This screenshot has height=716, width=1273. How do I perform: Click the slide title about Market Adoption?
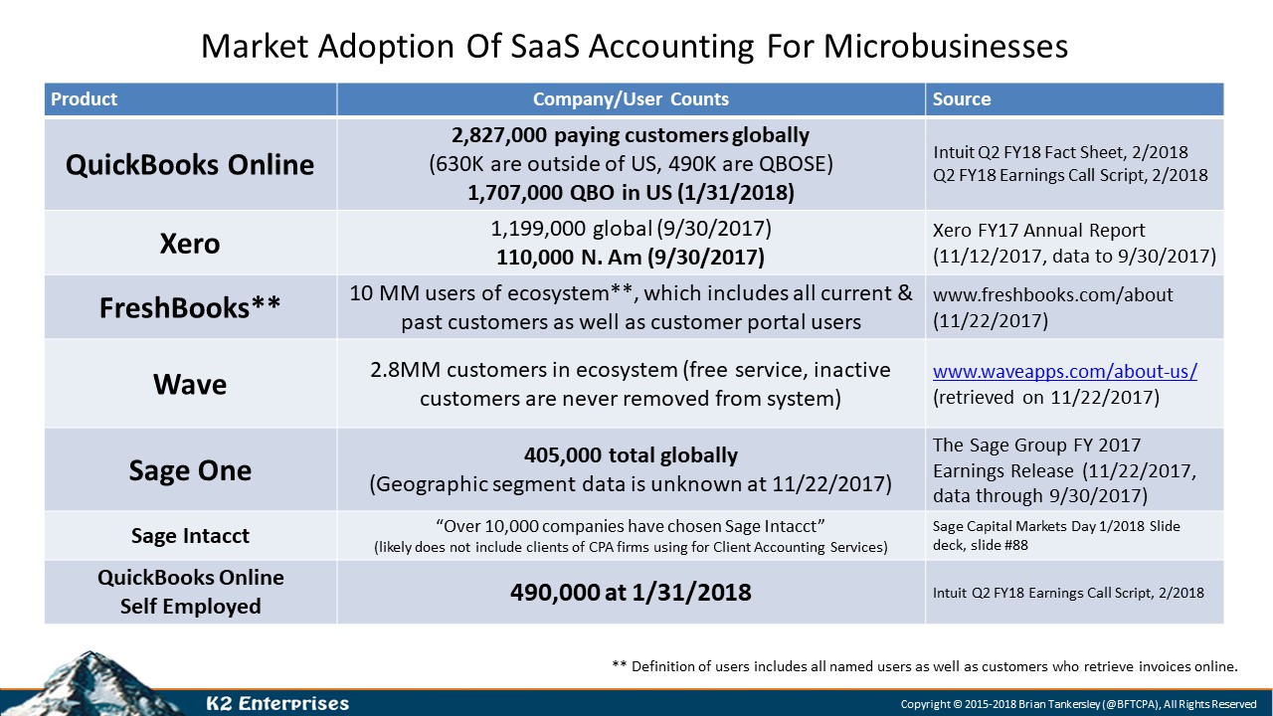(x=635, y=46)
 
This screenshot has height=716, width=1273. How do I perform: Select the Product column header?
(x=84, y=99)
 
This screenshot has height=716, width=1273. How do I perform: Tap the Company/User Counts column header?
(x=631, y=99)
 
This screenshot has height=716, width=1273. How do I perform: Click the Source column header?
(x=961, y=99)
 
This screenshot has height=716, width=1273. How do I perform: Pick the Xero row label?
(x=189, y=244)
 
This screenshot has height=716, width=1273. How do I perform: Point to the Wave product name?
(x=189, y=384)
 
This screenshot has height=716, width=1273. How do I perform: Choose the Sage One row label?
(x=189, y=469)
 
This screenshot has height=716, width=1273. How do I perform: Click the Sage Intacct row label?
(x=190, y=536)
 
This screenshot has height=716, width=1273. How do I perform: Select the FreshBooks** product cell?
(x=189, y=307)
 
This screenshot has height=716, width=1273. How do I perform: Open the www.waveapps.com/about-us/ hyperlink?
(x=1064, y=372)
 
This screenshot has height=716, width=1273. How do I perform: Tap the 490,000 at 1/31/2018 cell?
(x=631, y=593)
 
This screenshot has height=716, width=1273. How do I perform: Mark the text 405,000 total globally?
(x=631, y=455)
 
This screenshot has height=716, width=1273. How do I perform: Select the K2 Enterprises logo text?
(x=276, y=704)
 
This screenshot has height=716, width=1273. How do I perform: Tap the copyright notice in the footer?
(x=1079, y=704)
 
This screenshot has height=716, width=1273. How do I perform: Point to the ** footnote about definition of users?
(x=925, y=666)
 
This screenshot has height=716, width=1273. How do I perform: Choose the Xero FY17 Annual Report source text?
(x=1038, y=231)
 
